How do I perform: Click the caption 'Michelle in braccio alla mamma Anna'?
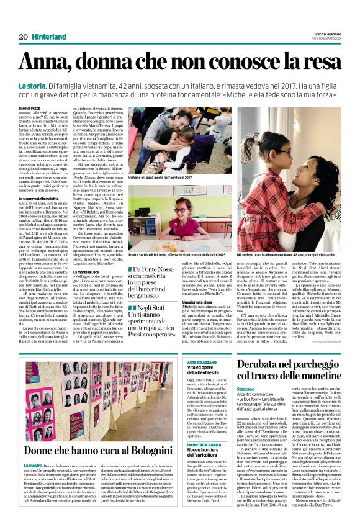pos(288,238)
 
